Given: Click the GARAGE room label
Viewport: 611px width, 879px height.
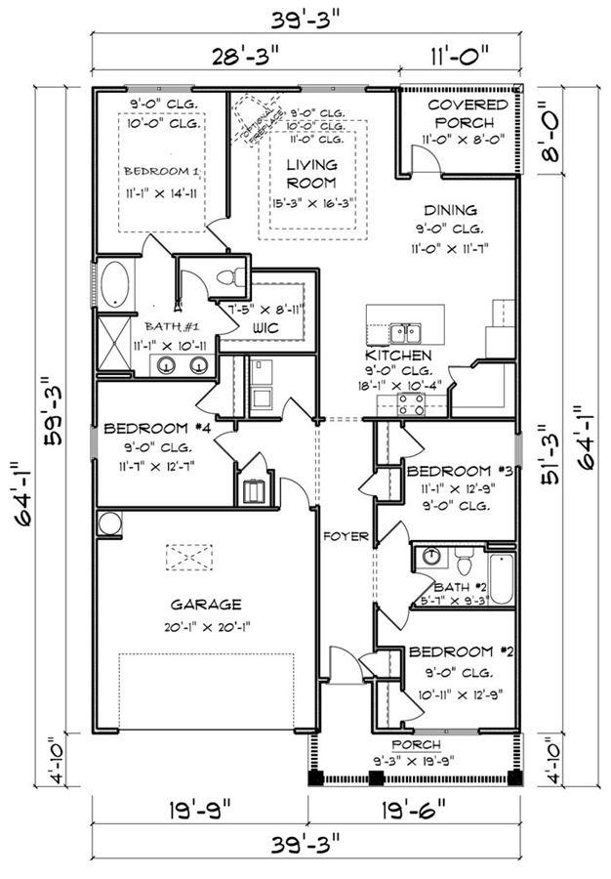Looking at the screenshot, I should pyautogui.click(x=204, y=605).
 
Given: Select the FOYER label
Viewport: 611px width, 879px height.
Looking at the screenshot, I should pyautogui.click(x=346, y=536).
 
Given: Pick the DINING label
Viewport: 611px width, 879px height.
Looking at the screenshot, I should pyautogui.click(x=450, y=210).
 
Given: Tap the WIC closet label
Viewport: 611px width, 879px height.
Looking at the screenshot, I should pyautogui.click(x=265, y=328).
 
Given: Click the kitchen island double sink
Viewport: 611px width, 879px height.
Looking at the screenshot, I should pyautogui.click(x=403, y=332).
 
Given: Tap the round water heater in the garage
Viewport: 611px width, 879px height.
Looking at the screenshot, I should pyautogui.click(x=107, y=523).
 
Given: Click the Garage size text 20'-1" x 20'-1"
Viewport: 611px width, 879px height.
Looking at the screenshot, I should pyautogui.click(x=204, y=627).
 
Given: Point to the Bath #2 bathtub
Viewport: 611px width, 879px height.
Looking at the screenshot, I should pyautogui.click(x=500, y=578).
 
